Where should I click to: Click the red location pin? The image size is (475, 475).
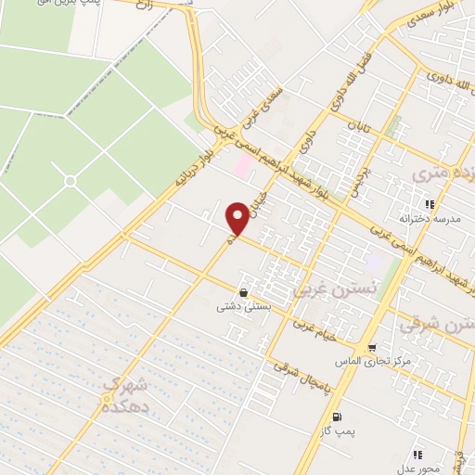tap(238, 218)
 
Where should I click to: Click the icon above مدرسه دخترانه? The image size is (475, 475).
tap(429, 204)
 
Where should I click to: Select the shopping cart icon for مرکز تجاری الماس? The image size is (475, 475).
tap(372, 349)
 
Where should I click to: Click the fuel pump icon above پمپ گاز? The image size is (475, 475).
tap(336, 415)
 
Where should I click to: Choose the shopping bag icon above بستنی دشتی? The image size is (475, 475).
tap(243, 291)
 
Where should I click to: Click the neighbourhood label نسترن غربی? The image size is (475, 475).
tap(324, 289)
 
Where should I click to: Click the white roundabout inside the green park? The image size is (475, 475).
tap(69, 181)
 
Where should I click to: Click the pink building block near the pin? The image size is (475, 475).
tap(243, 167)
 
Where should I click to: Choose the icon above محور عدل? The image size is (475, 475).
tap(417, 454)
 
